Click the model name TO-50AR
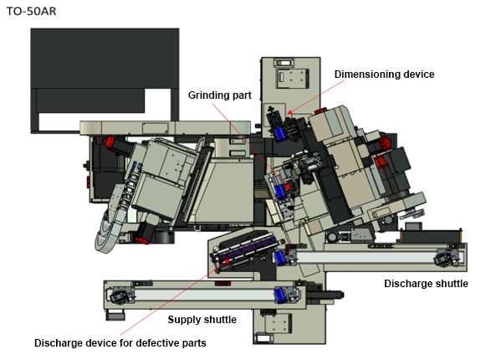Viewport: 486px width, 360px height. click(x=31, y=11)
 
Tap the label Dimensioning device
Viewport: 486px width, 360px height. click(x=384, y=75)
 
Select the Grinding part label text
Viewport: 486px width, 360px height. click(x=220, y=95)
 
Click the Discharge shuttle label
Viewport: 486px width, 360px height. click(x=426, y=283)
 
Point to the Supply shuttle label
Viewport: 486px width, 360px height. click(x=202, y=319)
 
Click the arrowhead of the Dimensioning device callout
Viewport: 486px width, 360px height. click(x=289, y=112)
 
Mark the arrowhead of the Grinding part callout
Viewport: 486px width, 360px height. click(x=288, y=188)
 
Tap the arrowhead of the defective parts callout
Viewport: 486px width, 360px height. click(x=228, y=261)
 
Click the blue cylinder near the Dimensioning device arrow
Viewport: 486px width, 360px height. click(x=279, y=134)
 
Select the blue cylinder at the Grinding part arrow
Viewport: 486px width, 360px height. click(x=280, y=191)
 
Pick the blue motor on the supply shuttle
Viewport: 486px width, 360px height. click(x=280, y=296)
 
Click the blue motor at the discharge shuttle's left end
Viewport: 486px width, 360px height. click(x=279, y=258)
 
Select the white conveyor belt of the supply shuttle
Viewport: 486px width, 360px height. click(x=205, y=295)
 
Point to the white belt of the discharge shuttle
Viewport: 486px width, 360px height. click(x=366, y=257)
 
